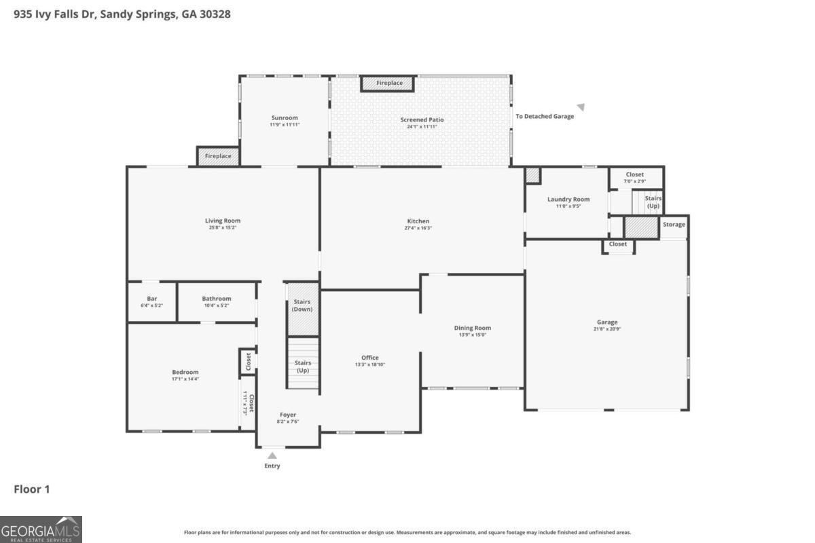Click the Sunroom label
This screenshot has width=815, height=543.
pos(284,118)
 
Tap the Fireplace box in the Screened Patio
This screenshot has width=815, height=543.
pos(390,83)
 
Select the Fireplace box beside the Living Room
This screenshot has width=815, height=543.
pos(218,156)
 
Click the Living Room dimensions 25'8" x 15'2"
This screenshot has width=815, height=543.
pos(223,228)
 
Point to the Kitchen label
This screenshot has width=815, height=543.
pos(418,221)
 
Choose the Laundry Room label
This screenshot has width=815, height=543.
pos(568,200)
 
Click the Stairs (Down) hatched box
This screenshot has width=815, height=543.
pos(302,309)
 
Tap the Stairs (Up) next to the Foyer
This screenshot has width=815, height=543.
pos(302,367)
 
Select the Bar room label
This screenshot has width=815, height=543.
pos(152,299)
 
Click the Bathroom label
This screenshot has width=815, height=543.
pos(216,299)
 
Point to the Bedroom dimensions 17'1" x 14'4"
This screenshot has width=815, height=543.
pos(185,379)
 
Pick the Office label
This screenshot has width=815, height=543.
pos(370,358)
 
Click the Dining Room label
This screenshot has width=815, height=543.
pos(472,328)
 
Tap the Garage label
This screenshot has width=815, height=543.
pos(607,322)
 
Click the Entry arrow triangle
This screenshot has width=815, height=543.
pos(272,455)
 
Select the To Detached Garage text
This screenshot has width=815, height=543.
pos(544,116)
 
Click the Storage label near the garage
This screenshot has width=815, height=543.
pos(674,225)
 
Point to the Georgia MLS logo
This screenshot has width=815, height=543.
pos(41,529)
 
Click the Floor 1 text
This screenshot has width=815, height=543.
pos(32,489)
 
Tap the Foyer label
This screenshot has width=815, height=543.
pos(288,415)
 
